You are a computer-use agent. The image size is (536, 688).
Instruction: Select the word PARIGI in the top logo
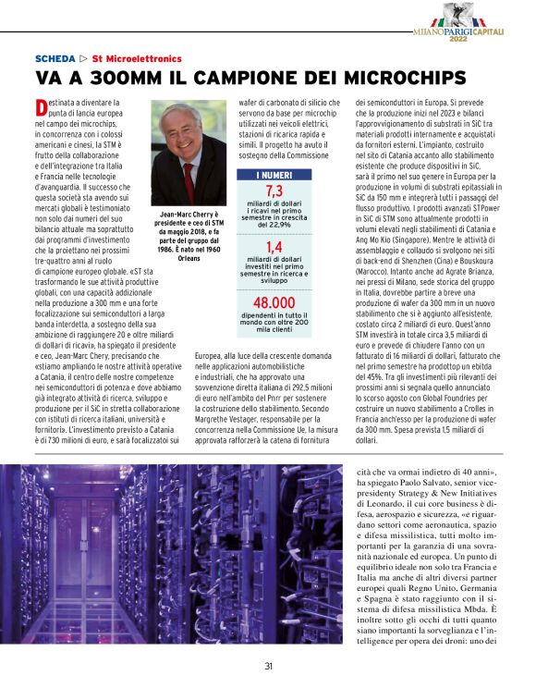(457, 30)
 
